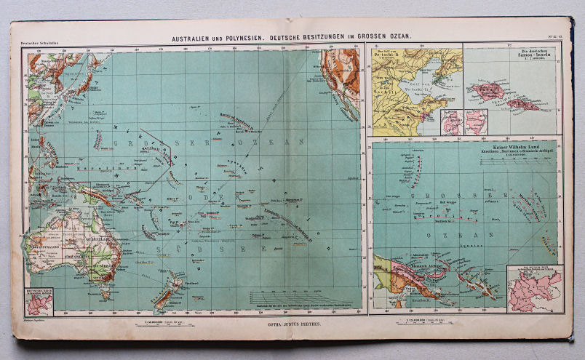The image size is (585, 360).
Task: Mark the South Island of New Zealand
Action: tap(162, 299)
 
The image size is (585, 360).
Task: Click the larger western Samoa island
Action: tap(487, 90)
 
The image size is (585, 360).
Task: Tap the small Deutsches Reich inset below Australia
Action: tap(39, 300)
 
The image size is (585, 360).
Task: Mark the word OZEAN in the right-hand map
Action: tap(463, 234)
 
